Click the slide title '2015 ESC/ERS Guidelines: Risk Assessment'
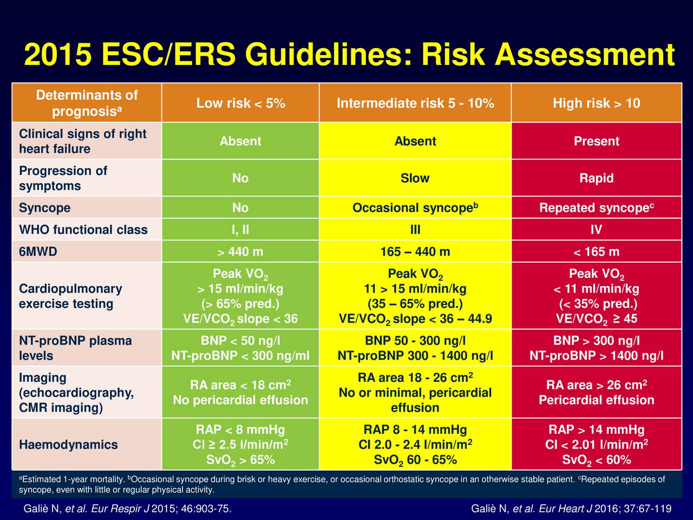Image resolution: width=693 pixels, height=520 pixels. pos(349,55)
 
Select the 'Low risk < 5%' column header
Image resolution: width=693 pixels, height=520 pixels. pos(240,103)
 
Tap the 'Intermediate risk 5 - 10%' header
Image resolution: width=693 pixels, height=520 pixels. pos(415,103)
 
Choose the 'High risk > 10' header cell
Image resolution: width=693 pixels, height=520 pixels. pos(596,103)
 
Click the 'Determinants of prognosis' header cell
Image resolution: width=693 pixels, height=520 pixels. pos(87,103)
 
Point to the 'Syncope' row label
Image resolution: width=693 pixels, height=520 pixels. pos(45,208)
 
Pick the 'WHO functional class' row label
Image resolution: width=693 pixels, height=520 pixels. pos(83,230)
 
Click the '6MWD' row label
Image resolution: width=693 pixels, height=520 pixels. pos(38,252)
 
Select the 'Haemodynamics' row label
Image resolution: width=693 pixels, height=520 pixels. pos(68,445)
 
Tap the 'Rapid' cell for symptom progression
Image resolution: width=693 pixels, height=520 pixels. pos(596,178)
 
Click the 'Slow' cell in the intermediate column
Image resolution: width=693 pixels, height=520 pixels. pos(415,178)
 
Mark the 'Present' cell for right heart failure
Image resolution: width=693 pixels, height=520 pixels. pos(596,141)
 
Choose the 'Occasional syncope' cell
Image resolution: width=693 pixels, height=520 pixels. pos(415,208)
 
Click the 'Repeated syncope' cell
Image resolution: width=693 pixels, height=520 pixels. pos(596,208)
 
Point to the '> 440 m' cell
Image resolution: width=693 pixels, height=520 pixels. pos(240,252)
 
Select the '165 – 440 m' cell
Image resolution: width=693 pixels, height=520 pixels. pos(415,252)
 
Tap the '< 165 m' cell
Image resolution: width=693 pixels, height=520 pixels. pos(596,252)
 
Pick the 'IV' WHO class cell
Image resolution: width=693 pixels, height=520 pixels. pos(596,230)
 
